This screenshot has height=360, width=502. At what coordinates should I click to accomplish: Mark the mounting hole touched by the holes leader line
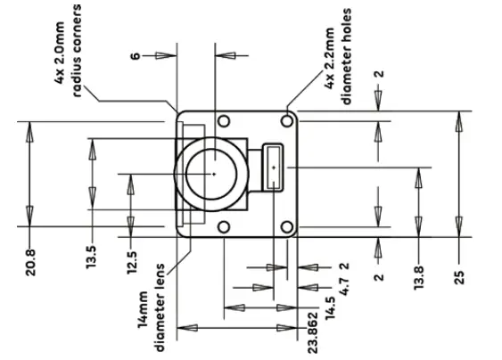286,119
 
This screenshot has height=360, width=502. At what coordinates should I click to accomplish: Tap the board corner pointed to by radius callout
181,116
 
